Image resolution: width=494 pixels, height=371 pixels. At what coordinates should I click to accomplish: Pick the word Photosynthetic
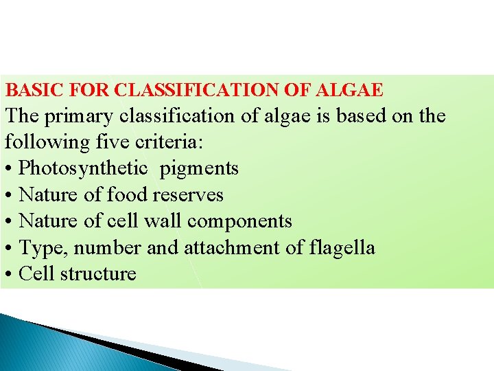(83, 168)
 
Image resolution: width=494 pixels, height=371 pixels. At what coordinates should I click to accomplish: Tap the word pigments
(199, 168)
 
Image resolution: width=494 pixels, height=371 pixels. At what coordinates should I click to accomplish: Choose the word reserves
(188, 194)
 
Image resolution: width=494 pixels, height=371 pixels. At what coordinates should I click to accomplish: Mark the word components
(239, 221)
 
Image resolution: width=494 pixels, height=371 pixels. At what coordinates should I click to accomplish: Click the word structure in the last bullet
(98, 273)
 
